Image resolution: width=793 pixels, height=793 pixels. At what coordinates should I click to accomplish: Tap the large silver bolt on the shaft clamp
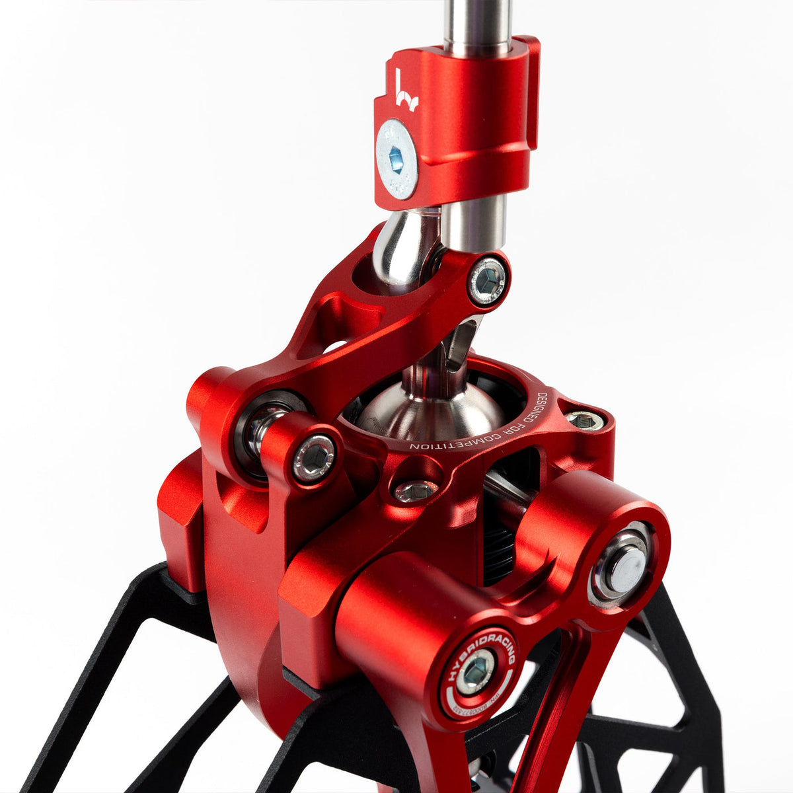397,159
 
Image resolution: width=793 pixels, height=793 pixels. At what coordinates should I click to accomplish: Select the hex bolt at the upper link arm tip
488,281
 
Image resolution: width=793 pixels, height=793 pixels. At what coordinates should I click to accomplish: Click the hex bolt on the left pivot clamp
315,457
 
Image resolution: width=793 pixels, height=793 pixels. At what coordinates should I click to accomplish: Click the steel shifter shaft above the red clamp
476,23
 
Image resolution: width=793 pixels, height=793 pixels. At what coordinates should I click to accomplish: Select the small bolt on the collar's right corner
585,419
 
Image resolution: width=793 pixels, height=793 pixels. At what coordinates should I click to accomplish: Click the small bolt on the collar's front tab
414,490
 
